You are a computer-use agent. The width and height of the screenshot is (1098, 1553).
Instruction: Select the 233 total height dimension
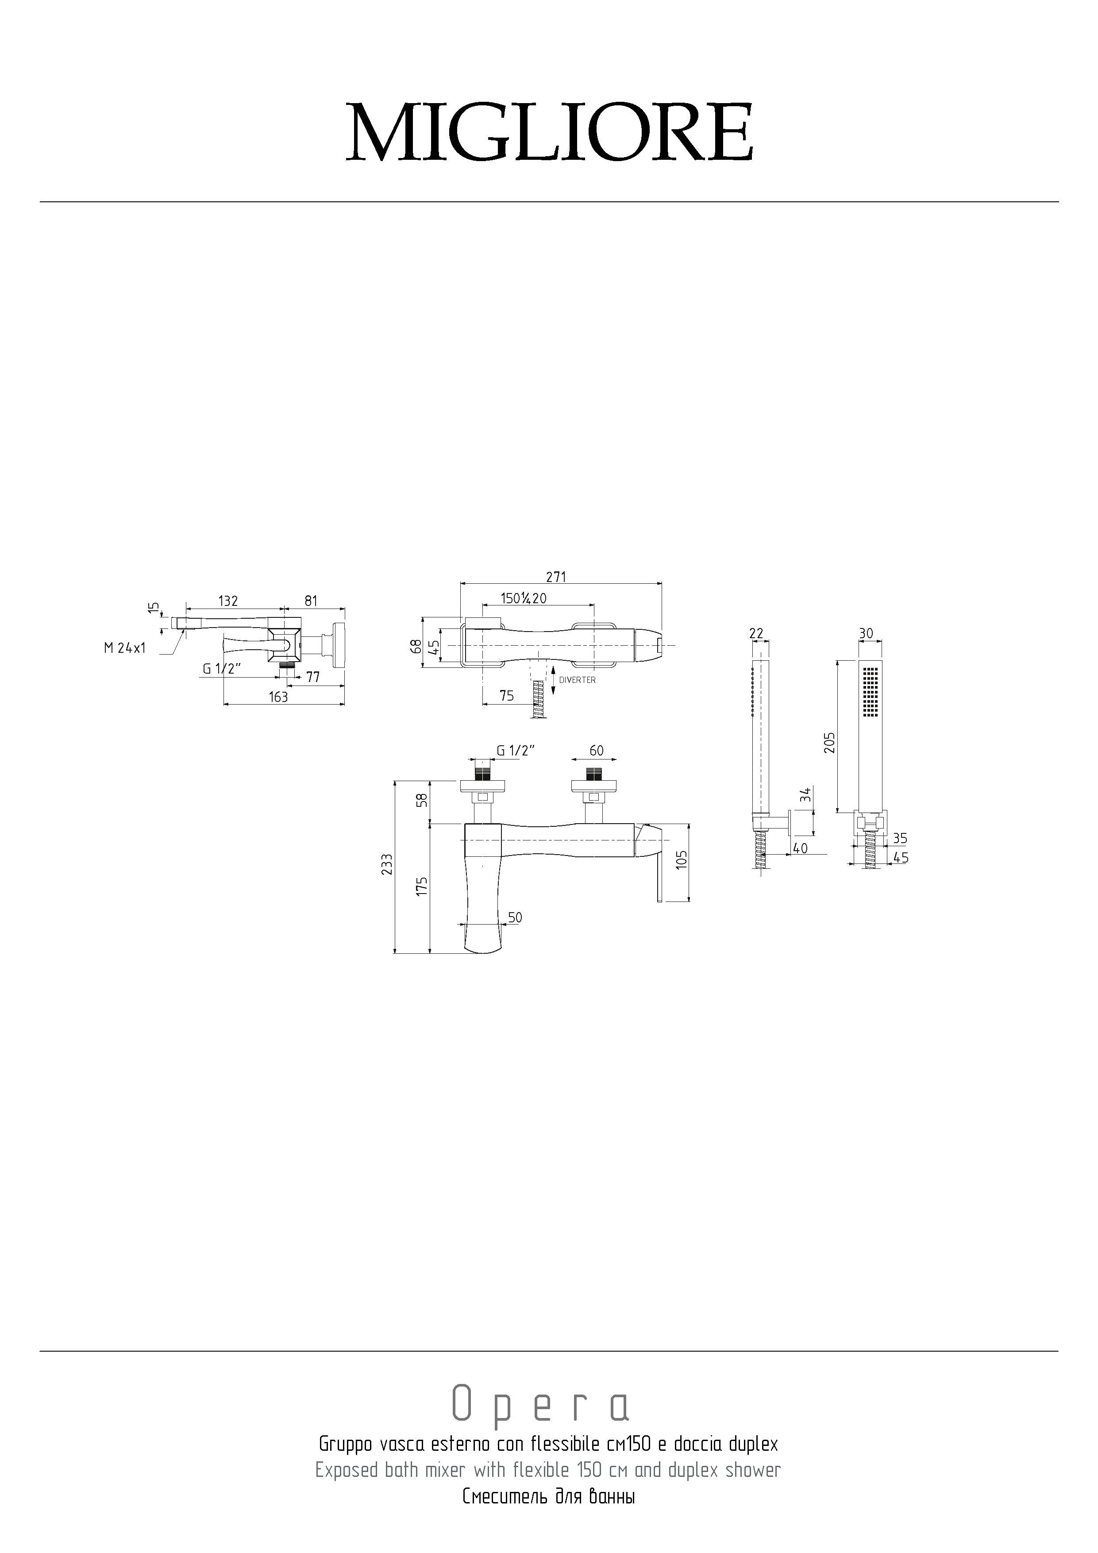pyautogui.click(x=387, y=865)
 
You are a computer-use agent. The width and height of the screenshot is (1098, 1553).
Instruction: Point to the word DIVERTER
pyautogui.click(x=577, y=680)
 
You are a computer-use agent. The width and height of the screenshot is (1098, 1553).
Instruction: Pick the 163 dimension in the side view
pyautogui.click(x=278, y=697)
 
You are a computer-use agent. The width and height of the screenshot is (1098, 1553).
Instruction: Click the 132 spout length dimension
pyautogui.click(x=228, y=601)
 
